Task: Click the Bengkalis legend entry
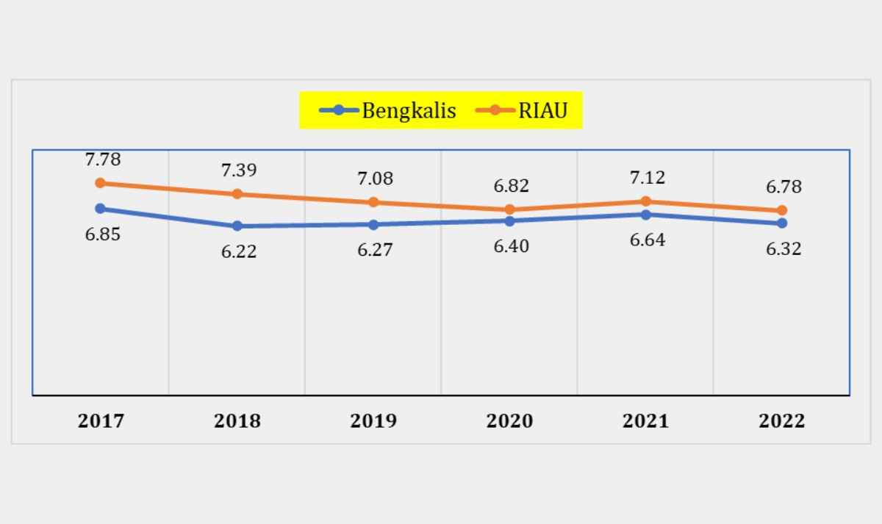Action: [x=388, y=110]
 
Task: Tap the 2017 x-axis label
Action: [x=101, y=420]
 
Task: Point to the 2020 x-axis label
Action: [x=509, y=420]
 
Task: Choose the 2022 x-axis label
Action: [x=781, y=420]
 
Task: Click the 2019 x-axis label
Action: [x=373, y=420]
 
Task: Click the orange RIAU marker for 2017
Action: [x=101, y=183]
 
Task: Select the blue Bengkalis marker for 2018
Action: [x=237, y=226]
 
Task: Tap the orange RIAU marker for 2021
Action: [x=646, y=201]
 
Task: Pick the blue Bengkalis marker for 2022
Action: [x=782, y=223]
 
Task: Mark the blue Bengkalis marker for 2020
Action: [x=510, y=220]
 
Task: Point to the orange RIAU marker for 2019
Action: [x=374, y=202]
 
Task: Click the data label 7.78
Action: [x=103, y=159]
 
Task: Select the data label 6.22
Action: [x=239, y=251]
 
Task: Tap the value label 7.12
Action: [x=648, y=177]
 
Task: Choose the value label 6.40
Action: [x=511, y=246]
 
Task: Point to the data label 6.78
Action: [x=784, y=187]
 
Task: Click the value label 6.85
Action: [x=103, y=234]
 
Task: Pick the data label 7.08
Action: [x=376, y=178]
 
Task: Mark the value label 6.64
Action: [x=648, y=240]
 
